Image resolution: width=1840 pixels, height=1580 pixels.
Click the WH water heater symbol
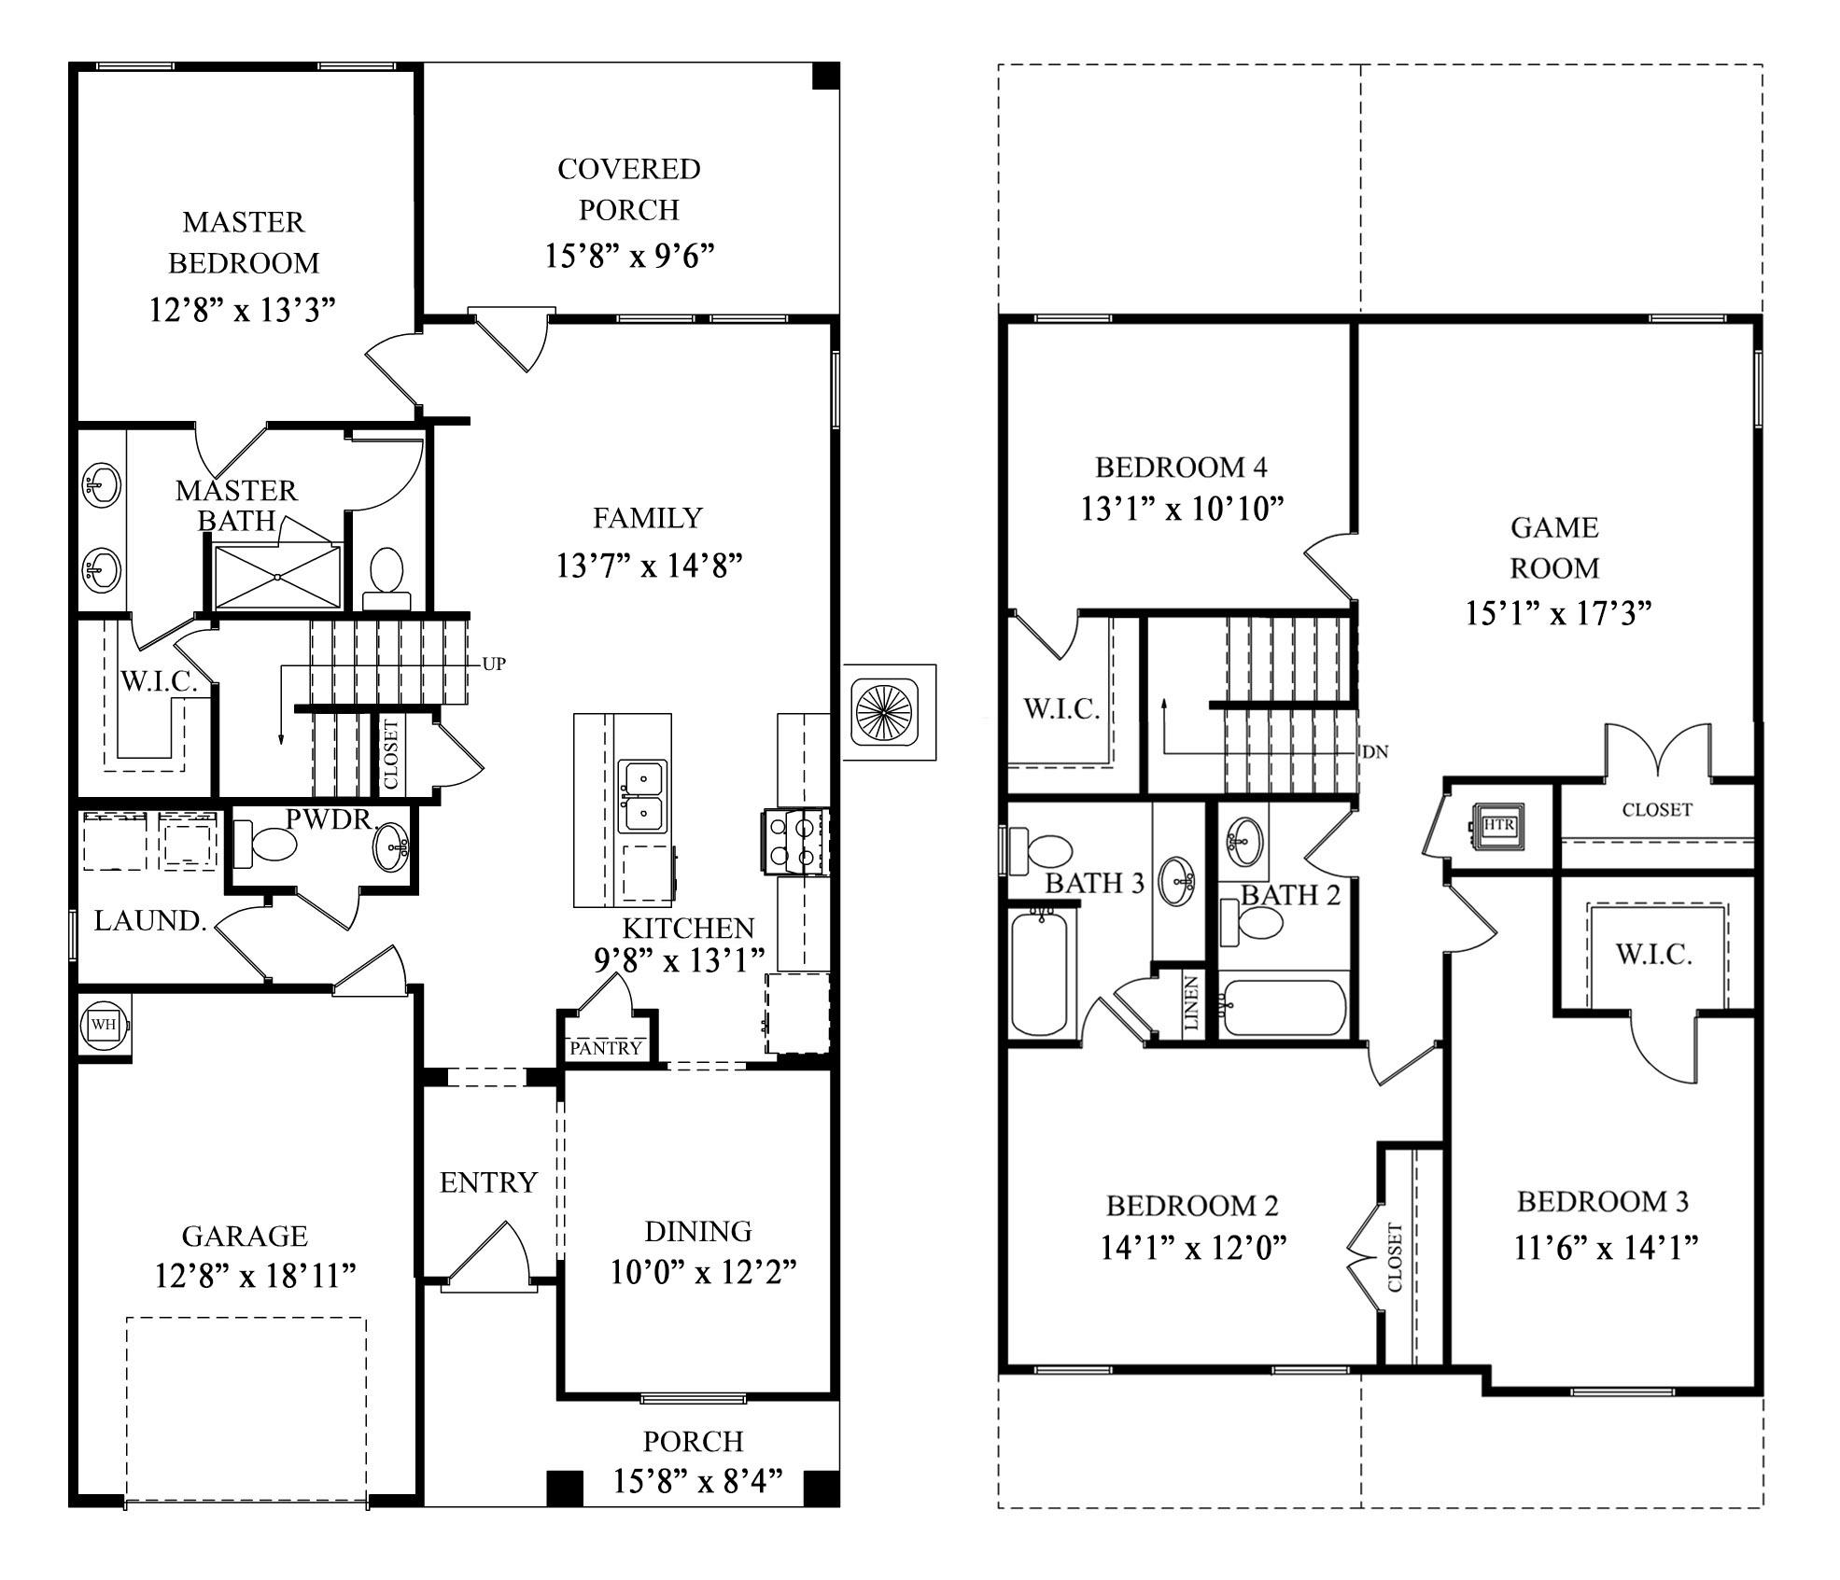[103, 1024]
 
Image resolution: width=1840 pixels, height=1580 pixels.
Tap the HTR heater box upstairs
[1497, 825]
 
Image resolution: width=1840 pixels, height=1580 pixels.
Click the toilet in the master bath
[386, 577]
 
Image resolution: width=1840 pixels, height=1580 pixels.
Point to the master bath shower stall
[277, 577]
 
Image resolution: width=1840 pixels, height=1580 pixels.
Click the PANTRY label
[606, 1048]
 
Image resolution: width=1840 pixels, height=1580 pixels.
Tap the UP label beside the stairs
[494, 664]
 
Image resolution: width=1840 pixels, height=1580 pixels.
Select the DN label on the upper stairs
[1375, 751]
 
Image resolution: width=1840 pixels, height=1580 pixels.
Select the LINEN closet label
[1191, 1003]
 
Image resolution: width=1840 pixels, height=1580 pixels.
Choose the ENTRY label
[488, 1182]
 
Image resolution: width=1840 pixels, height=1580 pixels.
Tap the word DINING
[697, 1231]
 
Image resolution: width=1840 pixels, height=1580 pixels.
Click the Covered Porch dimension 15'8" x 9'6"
[629, 255]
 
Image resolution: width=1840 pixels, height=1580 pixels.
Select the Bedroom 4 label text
[1181, 466]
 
